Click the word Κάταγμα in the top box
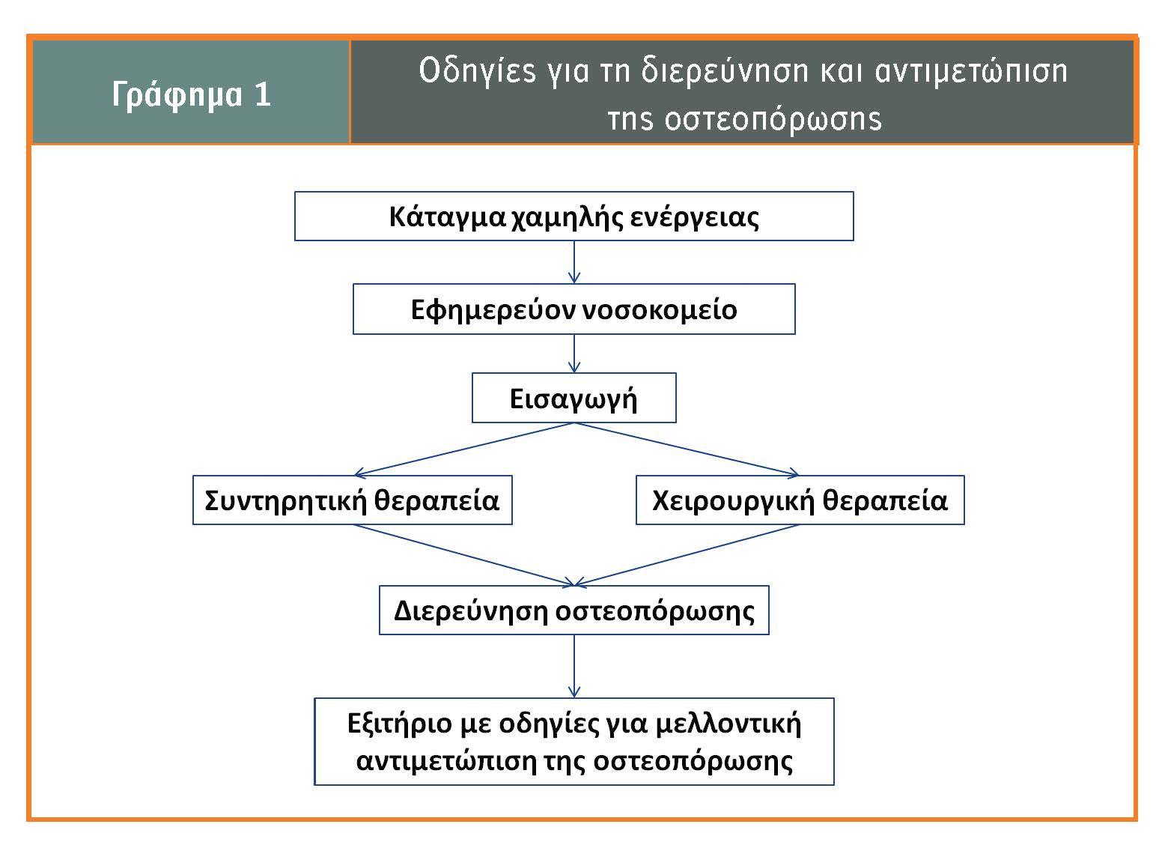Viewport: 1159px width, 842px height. point(447,217)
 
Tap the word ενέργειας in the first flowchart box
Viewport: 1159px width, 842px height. point(694,217)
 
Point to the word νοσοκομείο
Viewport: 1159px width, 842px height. point(660,310)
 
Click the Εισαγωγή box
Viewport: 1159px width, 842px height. point(574,398)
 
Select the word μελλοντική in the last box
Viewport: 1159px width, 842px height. point(728,723)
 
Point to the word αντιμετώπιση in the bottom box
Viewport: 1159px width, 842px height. point(446,761)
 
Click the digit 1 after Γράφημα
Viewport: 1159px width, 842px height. point(263,94)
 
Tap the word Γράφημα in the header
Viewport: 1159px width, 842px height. point(177,96)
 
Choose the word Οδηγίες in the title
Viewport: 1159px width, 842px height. point(477,70)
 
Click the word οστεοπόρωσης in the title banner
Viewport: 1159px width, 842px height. point(773,119)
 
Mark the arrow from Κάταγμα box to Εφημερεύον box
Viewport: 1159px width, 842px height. point(574,262)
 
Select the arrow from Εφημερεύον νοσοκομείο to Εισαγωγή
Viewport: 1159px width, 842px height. point(574,354)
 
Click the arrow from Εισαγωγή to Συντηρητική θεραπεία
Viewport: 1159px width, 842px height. point(464,449)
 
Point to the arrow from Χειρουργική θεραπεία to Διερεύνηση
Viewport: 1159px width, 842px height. point(687,555)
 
